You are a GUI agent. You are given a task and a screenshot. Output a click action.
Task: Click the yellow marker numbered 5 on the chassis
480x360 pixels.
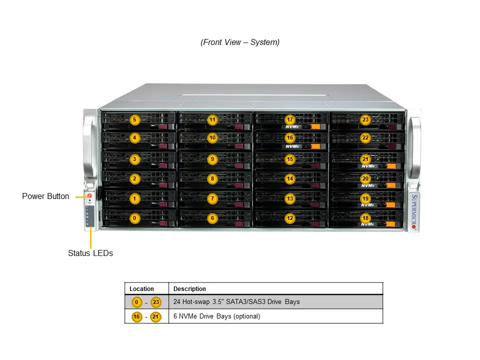tap(134, 120)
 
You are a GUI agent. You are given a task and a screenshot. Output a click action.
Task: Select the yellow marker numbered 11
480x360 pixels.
tap(212, 120)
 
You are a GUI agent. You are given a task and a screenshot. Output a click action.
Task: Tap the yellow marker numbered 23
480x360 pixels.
tap(365, 120)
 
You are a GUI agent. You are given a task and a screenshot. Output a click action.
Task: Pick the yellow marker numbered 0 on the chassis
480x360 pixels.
tap(134, 218)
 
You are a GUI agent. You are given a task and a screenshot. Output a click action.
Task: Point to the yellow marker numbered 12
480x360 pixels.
tap(290, 218)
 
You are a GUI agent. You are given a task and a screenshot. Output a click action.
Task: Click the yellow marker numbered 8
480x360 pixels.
tap(212, 178)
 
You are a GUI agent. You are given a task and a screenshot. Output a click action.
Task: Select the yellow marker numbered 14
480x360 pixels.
tap(290, 178)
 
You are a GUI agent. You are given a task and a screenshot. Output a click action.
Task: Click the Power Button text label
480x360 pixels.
tap(45, 196)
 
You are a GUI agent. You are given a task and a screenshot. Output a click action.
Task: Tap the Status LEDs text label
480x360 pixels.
tap(90, 253)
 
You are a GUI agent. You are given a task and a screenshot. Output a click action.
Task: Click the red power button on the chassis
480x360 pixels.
tap(89, 196)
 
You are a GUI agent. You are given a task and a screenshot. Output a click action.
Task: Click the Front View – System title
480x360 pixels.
tap(240, 42)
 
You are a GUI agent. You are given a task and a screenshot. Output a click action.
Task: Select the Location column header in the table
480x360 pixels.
tap(141, 289)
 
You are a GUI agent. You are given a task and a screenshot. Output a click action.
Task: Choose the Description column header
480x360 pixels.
tap(189, 289)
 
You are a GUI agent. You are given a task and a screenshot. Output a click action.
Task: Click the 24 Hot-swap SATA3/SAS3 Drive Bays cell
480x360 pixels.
tap(236, 302)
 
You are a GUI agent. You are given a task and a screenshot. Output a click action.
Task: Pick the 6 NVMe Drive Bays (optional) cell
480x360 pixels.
tap(216, 316)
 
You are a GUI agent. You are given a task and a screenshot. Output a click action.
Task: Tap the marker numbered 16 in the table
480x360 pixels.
tap(136, 316)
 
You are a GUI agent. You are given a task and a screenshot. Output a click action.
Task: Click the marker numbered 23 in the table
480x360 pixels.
tap(156, 302)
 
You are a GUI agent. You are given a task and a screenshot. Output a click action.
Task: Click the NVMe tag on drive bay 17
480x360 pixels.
tap(293, 127)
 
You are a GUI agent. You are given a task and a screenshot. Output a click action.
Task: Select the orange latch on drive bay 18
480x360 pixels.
tap(391, 224)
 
